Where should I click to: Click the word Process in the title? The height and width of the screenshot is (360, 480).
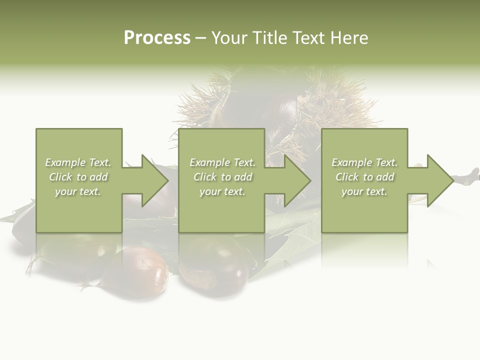click(157, 38)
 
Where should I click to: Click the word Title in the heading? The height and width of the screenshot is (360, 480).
click(269, 38)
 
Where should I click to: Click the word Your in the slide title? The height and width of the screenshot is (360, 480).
click(229, 38)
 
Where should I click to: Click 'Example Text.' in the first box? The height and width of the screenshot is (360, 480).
click(78, 162)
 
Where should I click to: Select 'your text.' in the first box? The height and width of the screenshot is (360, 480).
click(78, 191)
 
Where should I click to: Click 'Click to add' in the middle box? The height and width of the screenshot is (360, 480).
click(222, 177)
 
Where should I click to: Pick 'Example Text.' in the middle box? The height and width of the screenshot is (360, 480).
click(222, 162)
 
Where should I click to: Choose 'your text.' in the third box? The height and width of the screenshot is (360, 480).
click(364, 191)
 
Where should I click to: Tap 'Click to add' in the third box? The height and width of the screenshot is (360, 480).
click(364, 177)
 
